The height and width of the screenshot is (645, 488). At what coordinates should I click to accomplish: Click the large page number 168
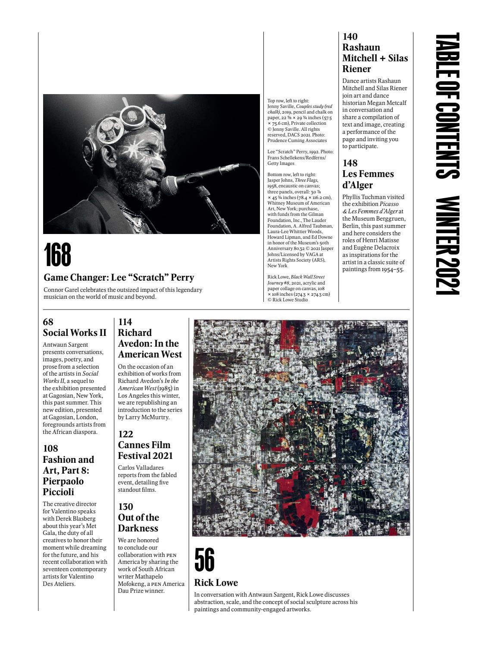(57, 255)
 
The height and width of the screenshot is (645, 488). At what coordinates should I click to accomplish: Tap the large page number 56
(204, 560)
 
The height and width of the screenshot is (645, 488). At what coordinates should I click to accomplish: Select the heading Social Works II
(75, 333)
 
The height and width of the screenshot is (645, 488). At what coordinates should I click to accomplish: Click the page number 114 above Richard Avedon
(125, 322)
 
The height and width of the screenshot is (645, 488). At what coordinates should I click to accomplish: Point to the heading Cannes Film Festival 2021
(145, 450)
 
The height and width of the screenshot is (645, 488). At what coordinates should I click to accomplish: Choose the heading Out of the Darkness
(138, 523)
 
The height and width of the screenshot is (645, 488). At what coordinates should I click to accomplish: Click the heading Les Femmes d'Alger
(368, 180)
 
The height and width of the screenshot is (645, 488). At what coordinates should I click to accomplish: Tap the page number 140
(350, 37)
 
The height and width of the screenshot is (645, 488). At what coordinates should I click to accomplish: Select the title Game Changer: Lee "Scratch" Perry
(119, 278)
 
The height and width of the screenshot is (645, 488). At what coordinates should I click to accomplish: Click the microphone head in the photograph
(169, 185)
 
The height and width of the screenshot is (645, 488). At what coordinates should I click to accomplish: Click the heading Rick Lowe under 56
(216, 583)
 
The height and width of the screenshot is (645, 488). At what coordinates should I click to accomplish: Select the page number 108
(50, 449)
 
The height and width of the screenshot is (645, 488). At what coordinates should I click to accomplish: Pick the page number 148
(350, 163)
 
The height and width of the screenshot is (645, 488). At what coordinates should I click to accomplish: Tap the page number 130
(125, 507)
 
